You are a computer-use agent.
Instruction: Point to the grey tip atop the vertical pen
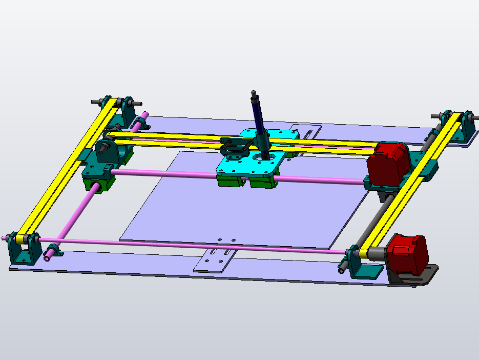253,94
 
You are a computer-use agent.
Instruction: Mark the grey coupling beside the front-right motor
377,253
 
